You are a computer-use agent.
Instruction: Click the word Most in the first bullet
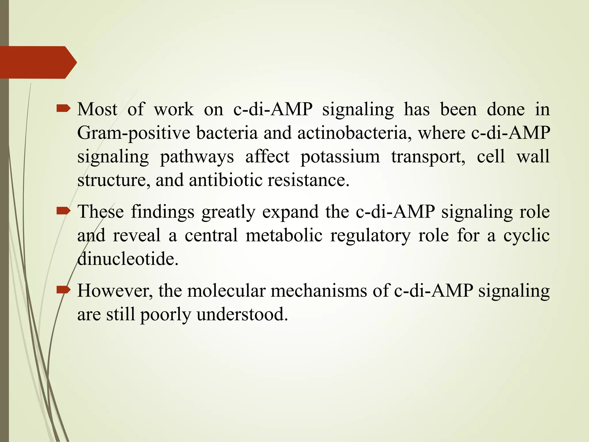click(x=97, y=110)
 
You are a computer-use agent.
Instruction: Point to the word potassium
click(x=340, y=157)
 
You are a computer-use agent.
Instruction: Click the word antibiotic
click(x=225, y=180)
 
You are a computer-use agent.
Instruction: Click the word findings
click(x=162, y=212)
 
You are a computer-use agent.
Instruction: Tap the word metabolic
click(x=284, y=236)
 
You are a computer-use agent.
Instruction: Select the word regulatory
click(x=370, y=236)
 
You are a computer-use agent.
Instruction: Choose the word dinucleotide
click(x=128, y=259)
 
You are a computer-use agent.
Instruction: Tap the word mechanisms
click(x=319, y=291)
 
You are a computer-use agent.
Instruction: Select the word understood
click(x=242, y=314)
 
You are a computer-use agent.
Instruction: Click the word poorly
click(x=166, y=314)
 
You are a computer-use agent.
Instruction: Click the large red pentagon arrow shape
click(x=36, y=62)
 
